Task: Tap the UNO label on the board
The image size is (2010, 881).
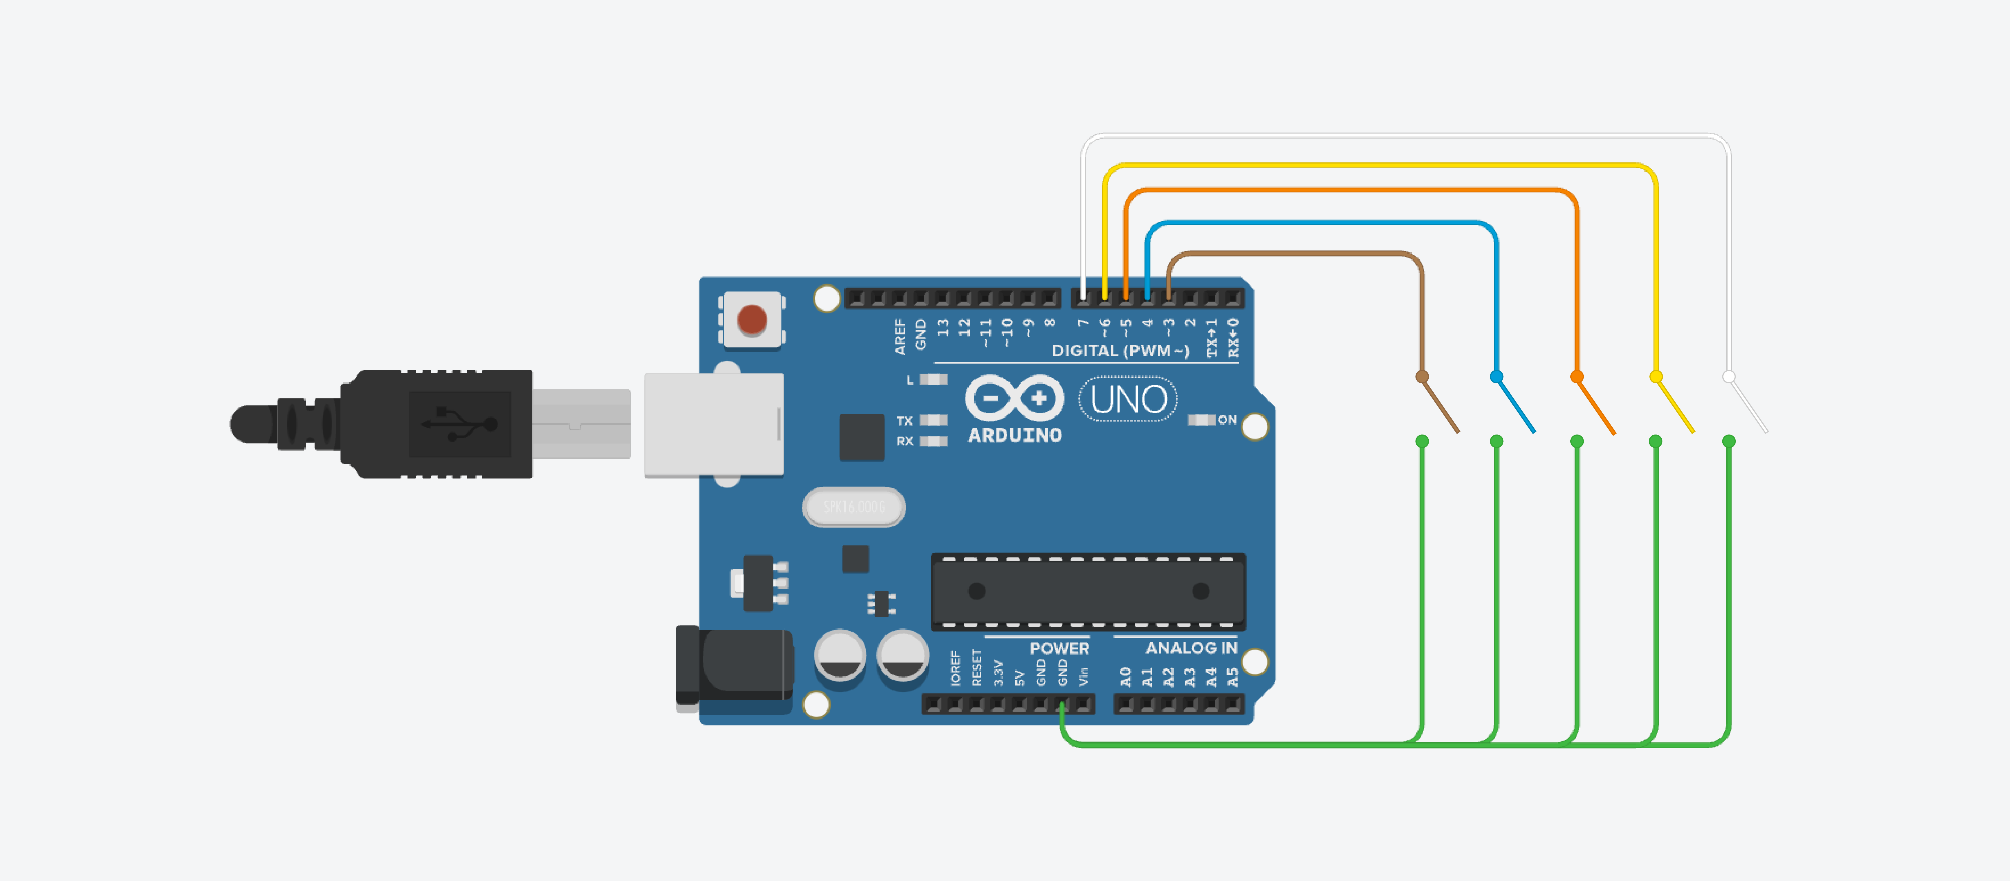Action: point(1128,399)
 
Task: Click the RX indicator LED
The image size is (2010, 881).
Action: point(933,441)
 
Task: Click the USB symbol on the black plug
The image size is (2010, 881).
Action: point(460,424)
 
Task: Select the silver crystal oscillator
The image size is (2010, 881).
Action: point(854,507)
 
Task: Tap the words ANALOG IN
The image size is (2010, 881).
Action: point(1191,648)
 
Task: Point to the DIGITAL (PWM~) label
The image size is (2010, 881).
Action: point(1120,350)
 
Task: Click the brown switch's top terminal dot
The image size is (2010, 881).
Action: point(1422,377)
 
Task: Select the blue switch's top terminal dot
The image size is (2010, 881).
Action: point(1496,377)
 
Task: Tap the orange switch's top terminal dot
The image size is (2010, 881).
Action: point(1576,377)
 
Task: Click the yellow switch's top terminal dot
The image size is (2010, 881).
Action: point(1655,377)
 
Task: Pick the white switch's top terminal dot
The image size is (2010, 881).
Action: point(1728,377)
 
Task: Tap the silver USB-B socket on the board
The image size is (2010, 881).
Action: point(713,424)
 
